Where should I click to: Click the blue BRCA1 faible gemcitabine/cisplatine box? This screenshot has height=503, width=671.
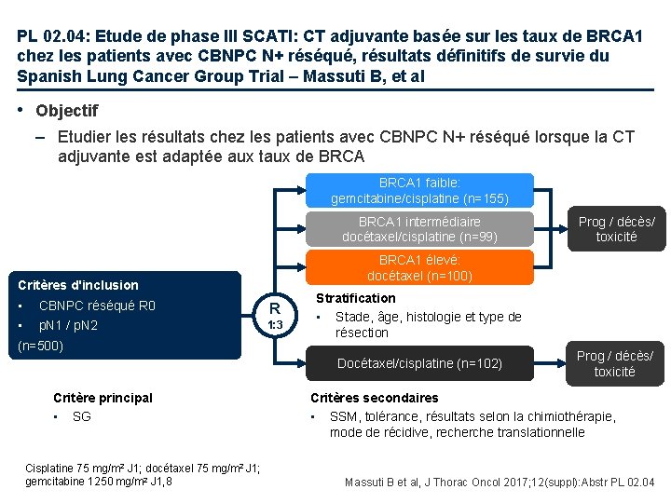[419, 191]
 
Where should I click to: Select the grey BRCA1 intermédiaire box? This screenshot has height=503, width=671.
[419, 229]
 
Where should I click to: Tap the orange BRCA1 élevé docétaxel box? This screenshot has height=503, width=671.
[419, 268]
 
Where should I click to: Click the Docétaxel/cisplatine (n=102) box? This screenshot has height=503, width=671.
[419, 363]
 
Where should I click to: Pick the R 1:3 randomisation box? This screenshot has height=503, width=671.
[275, 316]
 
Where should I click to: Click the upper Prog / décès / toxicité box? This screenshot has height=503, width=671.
[616, 229]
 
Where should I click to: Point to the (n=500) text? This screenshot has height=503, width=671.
[42, 345]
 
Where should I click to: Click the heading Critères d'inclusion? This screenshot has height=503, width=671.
[78, 285]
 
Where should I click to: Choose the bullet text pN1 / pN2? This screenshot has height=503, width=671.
[68, 325]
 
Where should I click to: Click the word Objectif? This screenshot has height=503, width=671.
[66, 111]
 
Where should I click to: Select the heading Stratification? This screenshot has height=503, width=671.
[355, 298]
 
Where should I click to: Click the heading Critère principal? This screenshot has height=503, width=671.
[103, 398]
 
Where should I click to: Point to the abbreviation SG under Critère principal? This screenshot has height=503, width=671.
[81, 416]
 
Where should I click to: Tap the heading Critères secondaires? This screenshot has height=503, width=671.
[374, 398]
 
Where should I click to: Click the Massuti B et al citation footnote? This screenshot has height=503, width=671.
[500, 483]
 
